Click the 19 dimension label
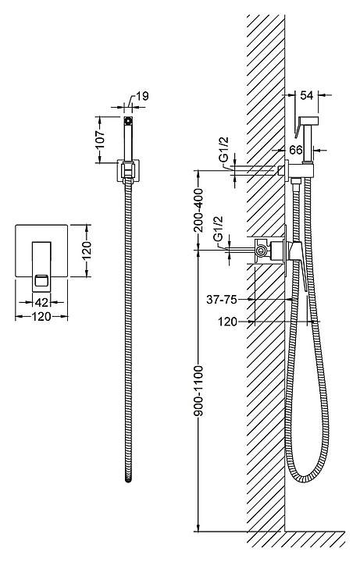click(142, 96)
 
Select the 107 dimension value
click(101, 140)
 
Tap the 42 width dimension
click(41, 303)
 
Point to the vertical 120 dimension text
click(87, 251)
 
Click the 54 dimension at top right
click(306, 95)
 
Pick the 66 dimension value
click(296, 150)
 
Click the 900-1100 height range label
click(198, 391)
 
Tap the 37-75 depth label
click(222, 299)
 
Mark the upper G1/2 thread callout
click(224, 153)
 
